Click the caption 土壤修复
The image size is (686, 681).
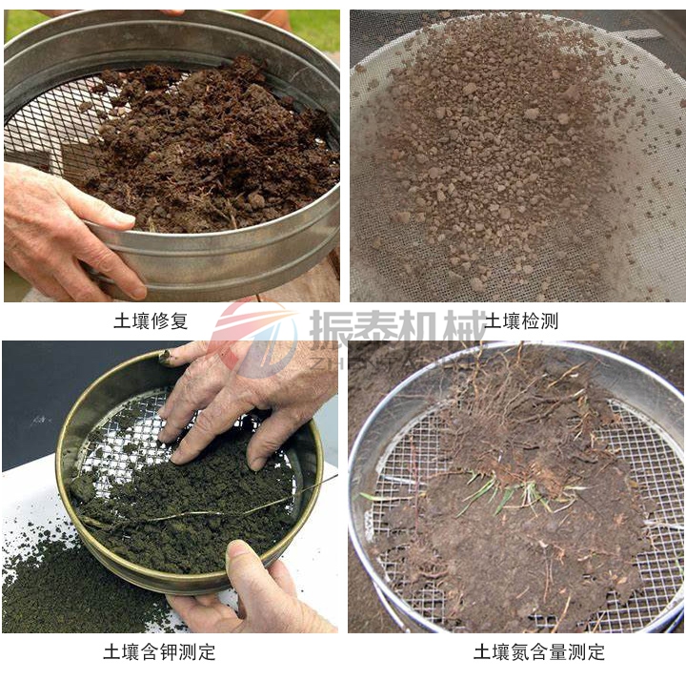pos(151,321)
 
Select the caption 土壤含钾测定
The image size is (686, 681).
pos(159,653)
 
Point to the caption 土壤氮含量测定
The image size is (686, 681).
pos(539,653)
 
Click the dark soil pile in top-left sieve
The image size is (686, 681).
pos(219,153)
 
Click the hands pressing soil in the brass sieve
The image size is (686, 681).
pos(238,401)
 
